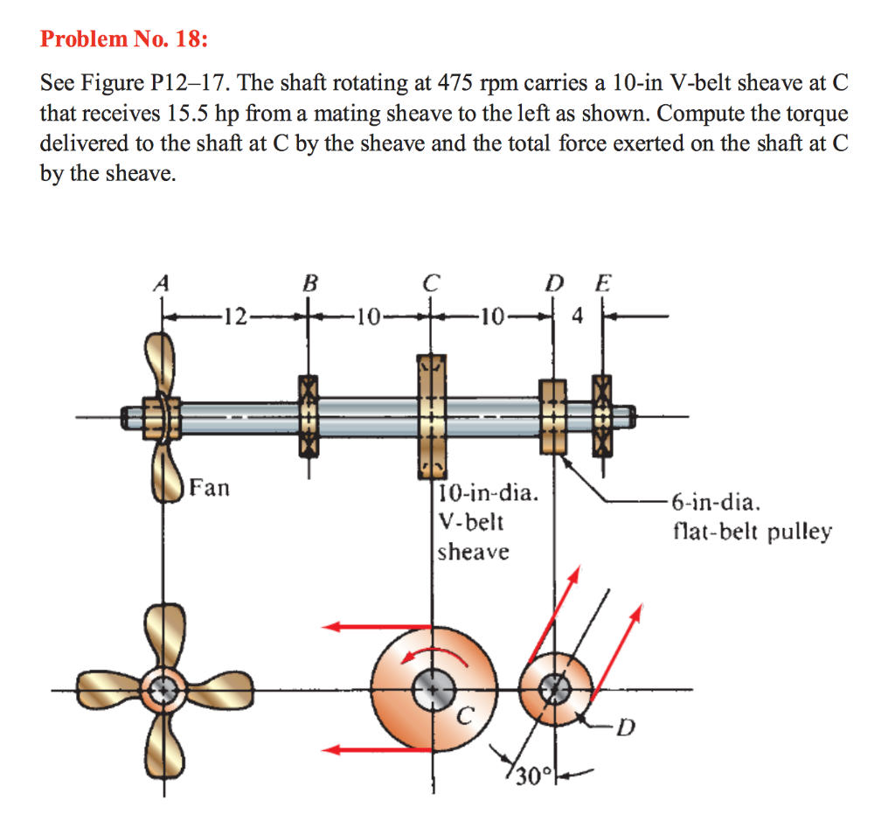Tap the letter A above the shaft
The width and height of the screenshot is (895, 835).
click(161, 283)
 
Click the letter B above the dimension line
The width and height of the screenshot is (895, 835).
click(309, 283)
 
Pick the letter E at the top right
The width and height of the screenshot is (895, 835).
click(603, 283)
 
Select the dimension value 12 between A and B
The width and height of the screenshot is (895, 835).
click(235, 317)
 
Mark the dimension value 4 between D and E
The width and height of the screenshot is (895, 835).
click(577, 317)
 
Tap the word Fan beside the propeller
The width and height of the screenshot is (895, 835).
click(210, 487)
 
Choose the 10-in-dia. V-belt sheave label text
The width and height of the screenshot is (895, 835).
click(486, 522)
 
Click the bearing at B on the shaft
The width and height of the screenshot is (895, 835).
click(308, 415)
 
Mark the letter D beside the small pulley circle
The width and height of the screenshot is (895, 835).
click(622, 725)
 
